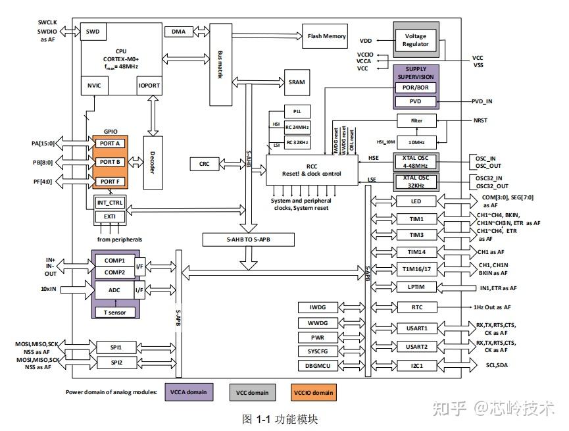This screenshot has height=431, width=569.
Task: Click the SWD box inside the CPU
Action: (x=93, y=31)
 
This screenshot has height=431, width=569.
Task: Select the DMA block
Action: (x=178, y=32)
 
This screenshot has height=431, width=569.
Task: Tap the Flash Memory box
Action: (x=326, y=36)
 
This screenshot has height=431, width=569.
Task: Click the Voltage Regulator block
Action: (x=415, y=39)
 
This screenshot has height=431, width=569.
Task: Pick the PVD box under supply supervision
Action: (x=415, y=102)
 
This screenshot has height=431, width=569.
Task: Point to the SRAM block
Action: (x=297, y=83)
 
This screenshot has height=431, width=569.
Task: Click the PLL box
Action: (x=297, y=112)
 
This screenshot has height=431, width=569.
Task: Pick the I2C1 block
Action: (x=417, y=365)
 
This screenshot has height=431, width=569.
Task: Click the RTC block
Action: (x=417, y=307)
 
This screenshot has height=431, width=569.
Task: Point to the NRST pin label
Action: (x=482, y=122)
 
